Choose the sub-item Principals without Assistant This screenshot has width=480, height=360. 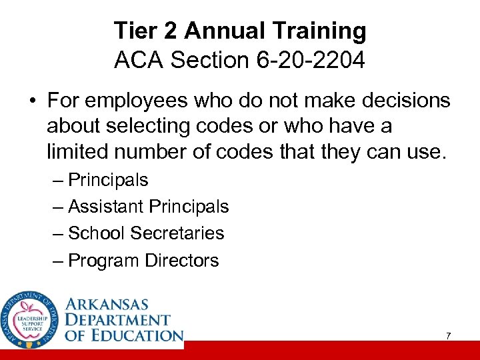108,180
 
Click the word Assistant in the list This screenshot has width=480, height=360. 106,207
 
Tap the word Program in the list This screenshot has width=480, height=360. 101,260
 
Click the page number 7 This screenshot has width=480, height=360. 448,335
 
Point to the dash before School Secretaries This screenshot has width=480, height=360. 58,233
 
